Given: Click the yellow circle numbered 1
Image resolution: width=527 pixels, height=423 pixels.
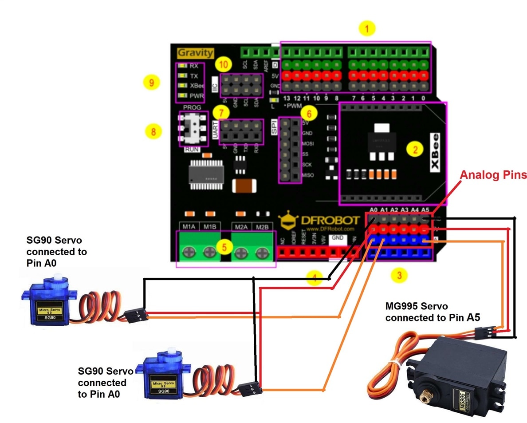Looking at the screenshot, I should pyautogui.click(x=366, y=29).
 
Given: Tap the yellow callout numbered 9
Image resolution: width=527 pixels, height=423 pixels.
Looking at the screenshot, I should pyautogui.click(x=152, y=83).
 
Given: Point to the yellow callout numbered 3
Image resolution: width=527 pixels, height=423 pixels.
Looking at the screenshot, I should pyautogui.click(x=399, y=276).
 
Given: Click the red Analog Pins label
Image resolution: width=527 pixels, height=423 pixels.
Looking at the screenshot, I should pyautogui.click(x=493, y=175).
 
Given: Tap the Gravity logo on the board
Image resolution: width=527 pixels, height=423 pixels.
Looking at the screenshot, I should pyautogui.click(x=196, y=53).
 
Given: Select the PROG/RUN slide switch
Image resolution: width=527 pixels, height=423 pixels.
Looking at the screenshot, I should pyautogui.click(x=193, y=129).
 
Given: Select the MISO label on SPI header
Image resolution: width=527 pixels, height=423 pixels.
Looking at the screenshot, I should pyautogui.click(x=307, y=175).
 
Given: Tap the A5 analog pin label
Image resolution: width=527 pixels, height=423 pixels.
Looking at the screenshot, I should pyautogui.click(x=425, y=210).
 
